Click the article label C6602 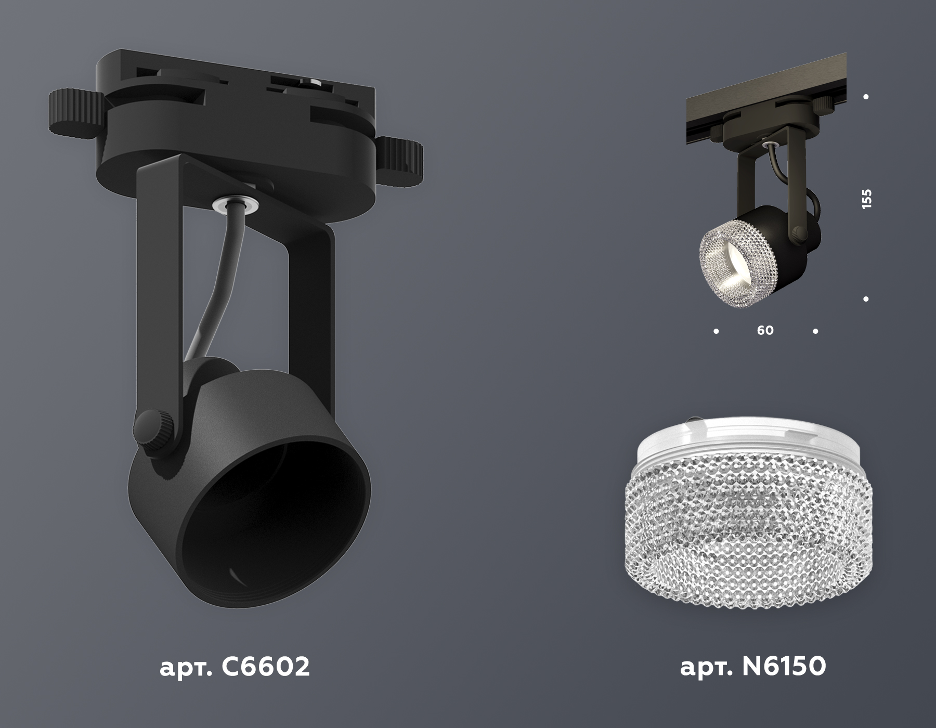pos(235,667)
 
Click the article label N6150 pos(753,667)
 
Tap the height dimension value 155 pos(866,200)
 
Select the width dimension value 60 pos(765,330)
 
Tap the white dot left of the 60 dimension pos(717,331)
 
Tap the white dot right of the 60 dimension pos(815,331)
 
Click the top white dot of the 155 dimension pos(866,97)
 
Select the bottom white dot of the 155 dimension pos(866,299)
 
